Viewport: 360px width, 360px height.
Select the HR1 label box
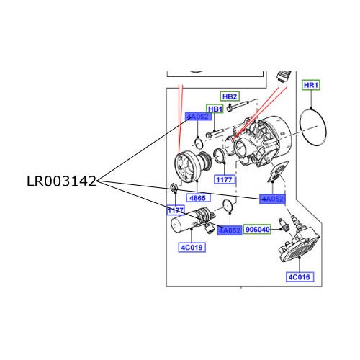(x=310, y=86)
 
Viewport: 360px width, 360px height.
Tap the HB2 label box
(x=230, y=96)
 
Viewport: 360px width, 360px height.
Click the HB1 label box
(x=215, y=109)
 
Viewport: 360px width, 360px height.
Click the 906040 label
(x=257, y=229)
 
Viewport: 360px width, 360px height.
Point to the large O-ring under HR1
(x=312, y=125)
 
